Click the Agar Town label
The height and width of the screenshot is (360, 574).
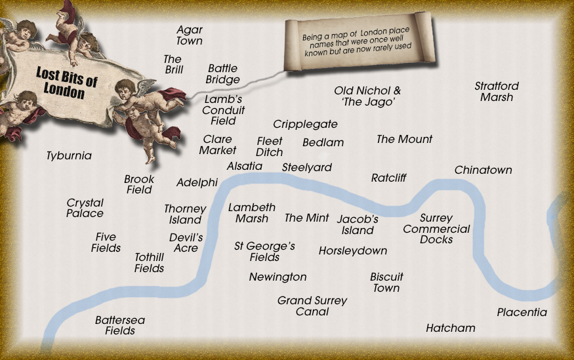click(x=190, y=35)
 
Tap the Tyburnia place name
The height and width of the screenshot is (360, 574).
click(x=69, y=156)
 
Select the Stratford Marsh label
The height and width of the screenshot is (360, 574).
click(x=497, y=92)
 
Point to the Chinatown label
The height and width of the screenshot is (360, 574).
click(x=483, y=170)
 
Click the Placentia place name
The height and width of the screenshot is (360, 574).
click(x=522, y=312)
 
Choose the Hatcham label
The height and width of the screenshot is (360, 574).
click(x=450, y=328)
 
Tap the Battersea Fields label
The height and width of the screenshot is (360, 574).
click(x=120, y=325)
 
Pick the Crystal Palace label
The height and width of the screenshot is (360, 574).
click(x=85, y=208)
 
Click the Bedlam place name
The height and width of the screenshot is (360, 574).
click(x=323, y=142)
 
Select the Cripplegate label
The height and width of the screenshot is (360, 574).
click(x=305, y=124)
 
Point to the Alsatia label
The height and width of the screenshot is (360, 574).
click(x=244, y=167)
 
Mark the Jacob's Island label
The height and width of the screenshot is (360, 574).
click(x=358, y=225)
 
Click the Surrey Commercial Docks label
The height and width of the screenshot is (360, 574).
click(x=436, y=229)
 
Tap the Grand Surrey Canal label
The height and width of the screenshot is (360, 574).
click(x=312, y=306)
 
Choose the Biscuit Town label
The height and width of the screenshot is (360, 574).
click(x=386, y=283)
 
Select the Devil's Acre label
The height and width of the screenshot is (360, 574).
click(x=186, y=243)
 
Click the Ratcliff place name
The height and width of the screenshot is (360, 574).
click(x=388, y=178)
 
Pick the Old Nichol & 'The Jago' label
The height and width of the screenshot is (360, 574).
click(x=367, y=96)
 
